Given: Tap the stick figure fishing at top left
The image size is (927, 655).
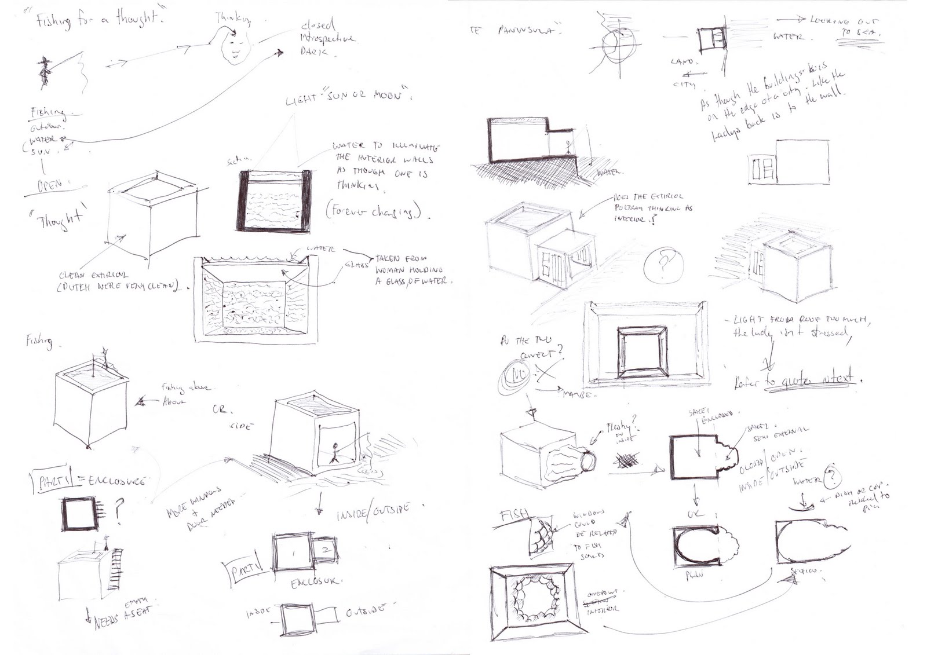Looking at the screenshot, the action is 44,73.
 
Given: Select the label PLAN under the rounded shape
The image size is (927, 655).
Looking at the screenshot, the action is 695,575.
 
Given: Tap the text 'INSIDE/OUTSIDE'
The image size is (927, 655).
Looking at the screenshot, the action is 373,513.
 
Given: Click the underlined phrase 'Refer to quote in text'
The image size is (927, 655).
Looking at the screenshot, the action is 794,380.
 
